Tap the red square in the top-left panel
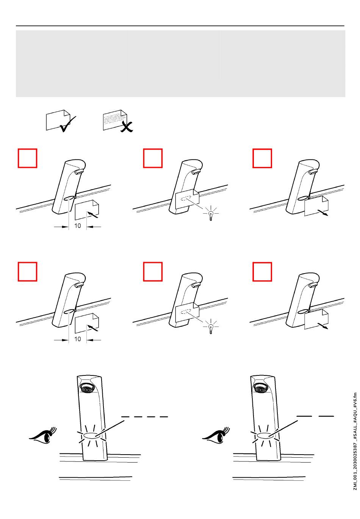[27, 158]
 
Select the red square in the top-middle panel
[153, 158]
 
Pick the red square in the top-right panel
[262, 158]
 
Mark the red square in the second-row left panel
[27, 272]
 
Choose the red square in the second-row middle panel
[153, 272]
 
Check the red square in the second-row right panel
[262, 272]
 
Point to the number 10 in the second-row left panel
[77, 339]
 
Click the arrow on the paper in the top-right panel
[323, 213]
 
